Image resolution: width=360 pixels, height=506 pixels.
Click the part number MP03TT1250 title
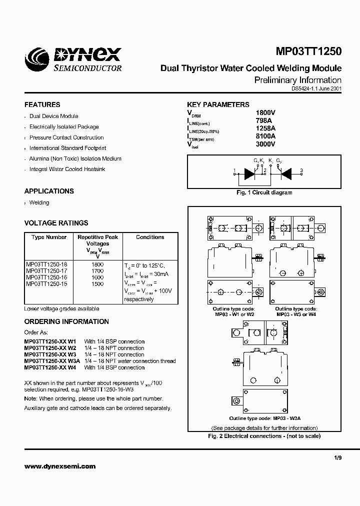[x=308, y=51]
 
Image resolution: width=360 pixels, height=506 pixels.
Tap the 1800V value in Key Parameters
[x=265, y=113]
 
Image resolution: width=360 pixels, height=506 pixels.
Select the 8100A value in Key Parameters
[x=265, y=136]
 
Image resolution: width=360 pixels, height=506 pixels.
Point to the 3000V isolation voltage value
[x=265, y=144]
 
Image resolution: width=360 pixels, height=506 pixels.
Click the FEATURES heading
[x=42, y=104]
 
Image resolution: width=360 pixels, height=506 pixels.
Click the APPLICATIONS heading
[x=49, y=191]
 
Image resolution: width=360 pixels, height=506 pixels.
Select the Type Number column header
[x=49, y=237]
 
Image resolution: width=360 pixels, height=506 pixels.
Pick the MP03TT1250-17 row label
[x=46, y=270]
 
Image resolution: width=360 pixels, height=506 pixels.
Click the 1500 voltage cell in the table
[x=97, y=283]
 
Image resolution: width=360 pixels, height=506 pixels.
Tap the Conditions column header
[x=150, y=237]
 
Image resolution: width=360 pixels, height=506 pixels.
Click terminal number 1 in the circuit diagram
[x=234, y=171]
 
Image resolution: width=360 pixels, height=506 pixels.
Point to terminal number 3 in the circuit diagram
[x=301, y=171]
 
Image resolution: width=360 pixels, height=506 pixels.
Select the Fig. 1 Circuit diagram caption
[x=264, y=192]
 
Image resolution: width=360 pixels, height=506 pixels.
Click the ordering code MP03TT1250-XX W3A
[x=52, y=361]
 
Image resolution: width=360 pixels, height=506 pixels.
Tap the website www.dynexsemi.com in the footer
[x=59, y=466]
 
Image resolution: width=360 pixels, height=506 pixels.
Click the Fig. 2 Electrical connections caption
[x=264, y=436]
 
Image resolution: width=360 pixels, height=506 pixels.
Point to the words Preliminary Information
[x=298, y=80]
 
